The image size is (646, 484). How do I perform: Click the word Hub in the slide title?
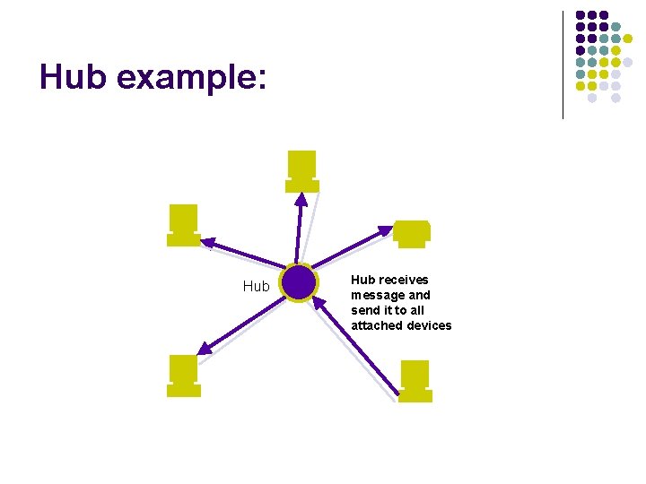click(73, 78)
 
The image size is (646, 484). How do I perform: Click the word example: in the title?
click(191, 79)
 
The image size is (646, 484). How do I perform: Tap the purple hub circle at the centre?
click(298, 283)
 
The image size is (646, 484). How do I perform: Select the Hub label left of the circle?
click(256, 287)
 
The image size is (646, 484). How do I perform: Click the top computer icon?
click(302, 170)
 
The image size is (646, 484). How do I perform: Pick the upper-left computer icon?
click(184, 224)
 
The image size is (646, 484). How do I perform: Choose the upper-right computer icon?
click(412, 232)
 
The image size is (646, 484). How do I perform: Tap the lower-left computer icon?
click(184, 375)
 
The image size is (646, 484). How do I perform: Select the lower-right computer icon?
click(415, 380)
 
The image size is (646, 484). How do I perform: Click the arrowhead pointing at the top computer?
click(301, 198)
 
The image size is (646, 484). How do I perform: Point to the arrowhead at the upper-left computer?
click(207, 241)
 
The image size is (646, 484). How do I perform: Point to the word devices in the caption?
click(429, 325)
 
